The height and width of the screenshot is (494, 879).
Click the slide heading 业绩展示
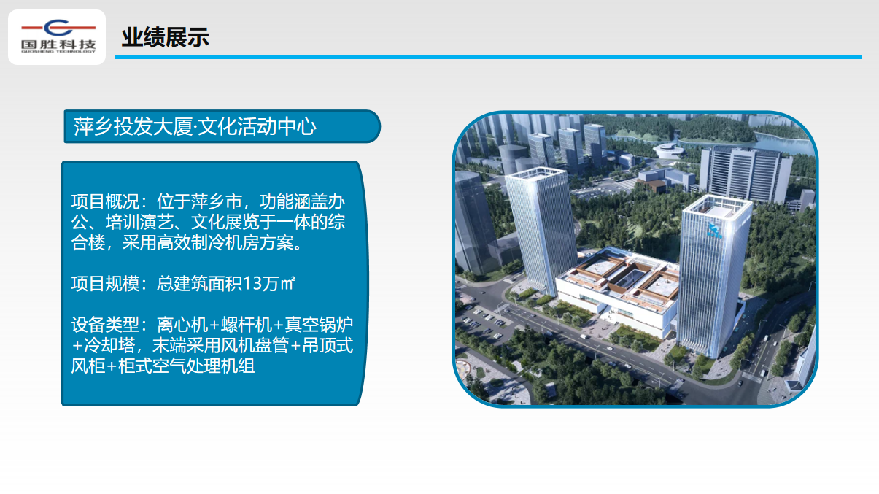click(x=165, y=37)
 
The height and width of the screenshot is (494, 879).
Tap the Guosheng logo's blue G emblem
click(x=58, y=28)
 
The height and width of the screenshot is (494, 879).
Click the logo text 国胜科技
click(x=58, y=45)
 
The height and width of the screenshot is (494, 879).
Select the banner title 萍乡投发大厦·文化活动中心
click(x=195, y=126)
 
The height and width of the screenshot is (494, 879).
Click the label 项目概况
click(x=105, y=202)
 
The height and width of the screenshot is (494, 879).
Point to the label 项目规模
click(x=105, y=284)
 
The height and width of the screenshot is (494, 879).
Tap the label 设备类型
click(x=105, y=325)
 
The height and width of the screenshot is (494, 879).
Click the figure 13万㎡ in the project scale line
click(x=268, y=284)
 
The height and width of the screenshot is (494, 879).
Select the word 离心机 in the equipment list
click(x=182, y=325)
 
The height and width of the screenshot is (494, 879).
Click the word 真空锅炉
click(x=319, y=325)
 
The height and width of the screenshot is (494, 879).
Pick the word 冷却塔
click(x=109, y=346)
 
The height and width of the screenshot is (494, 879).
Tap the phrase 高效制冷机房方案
click(x=225, y=243)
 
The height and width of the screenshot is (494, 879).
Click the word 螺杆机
click(x=247, y=325)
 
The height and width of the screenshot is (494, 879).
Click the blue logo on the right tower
click(x=714, y=230)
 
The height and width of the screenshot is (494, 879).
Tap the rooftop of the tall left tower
click(x=535, y=173)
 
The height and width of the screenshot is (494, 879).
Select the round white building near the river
click(x=668, y=150)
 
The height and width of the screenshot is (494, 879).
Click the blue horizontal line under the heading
click(x=489, y=57)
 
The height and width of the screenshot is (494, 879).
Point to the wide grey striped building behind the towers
click(x=745, y=174)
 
